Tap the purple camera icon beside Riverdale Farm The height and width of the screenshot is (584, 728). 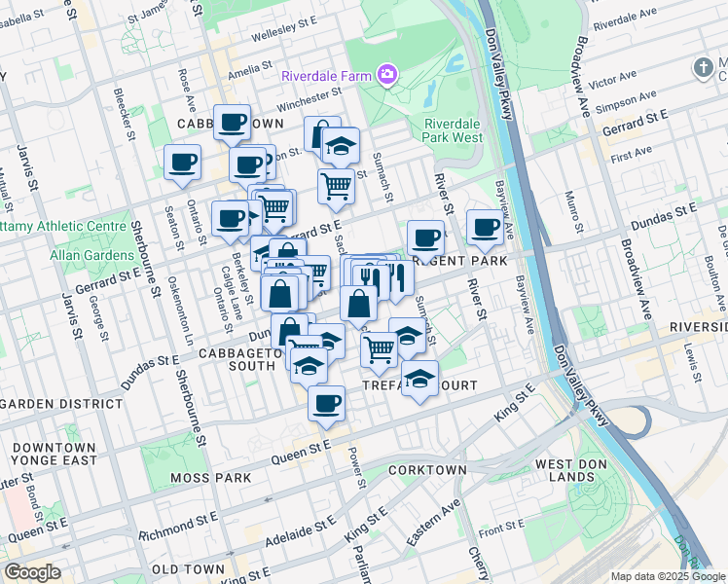click(388, 75)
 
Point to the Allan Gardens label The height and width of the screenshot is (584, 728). click(94, 255)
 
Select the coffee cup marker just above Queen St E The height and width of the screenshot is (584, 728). click(327, 401)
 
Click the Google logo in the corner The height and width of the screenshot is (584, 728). click(32, 572)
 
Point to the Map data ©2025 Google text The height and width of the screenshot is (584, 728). click(668, 576)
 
